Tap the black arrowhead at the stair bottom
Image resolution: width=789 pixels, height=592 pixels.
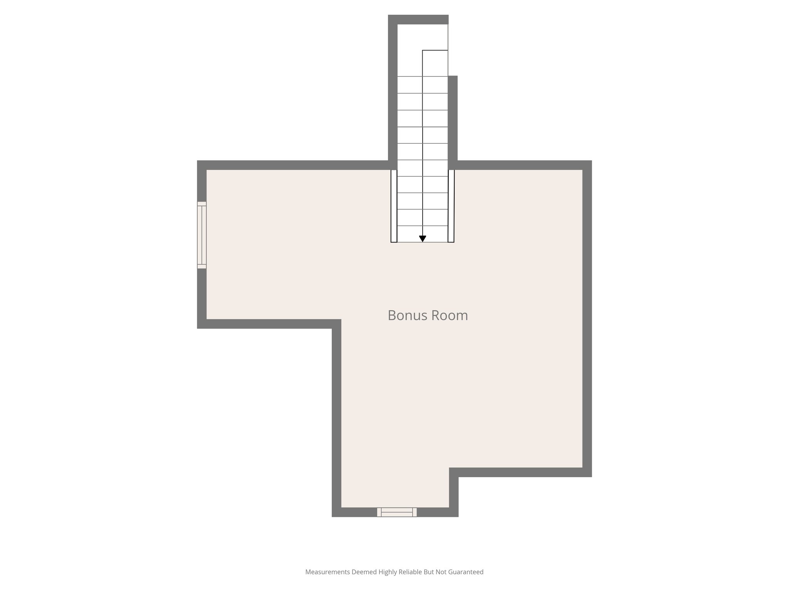pyautogui.click(x=423, y=239)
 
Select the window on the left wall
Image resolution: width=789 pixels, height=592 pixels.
pyautogui.click(x=202, y=235)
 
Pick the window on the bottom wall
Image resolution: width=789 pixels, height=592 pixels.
pyautogui.click(x=397, y=512)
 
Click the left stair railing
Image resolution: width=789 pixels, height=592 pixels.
pyautogui.click(x=394, y=206)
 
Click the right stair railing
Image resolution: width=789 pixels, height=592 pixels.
pyautogui.click(x=451, y=206)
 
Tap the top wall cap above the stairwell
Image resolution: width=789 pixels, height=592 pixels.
pyautogui.click(x=418, y=19)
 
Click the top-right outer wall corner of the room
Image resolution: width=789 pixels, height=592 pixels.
pyautogui.click(x=587, y=165)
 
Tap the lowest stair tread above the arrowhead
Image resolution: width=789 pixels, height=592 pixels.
pyautogui.click(x=423, y=234)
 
